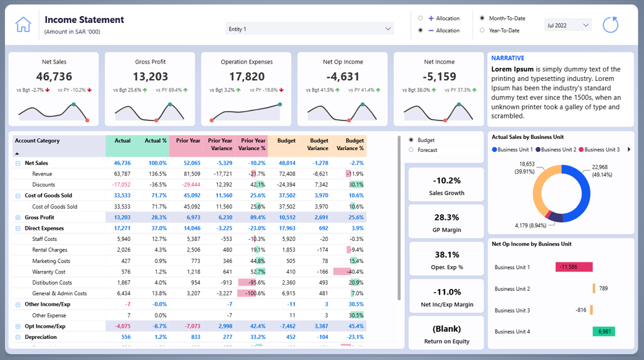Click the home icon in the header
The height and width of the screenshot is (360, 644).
point(23,25)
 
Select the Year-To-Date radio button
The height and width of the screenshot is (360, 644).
point(482,30)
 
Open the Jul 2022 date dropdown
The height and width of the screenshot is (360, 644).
point(567,25)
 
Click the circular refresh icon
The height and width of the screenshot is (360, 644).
point(610,25)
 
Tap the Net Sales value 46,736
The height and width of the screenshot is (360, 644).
point(54,77)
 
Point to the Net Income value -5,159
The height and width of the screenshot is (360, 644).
point(439,77)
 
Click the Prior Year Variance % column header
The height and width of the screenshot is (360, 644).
point(253,144)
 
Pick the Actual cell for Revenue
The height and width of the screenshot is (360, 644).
point(122,174)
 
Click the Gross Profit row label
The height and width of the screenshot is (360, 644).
point(39,217)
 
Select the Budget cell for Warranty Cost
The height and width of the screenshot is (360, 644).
point(286,272)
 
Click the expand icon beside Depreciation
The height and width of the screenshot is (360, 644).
point(18,337)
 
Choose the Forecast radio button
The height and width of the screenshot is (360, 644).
point(412,150)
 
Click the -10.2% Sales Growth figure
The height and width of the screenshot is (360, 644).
point(446,181)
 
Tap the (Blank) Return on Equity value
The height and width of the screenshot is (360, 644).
point(446,329)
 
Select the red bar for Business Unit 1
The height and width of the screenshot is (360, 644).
point(574,267)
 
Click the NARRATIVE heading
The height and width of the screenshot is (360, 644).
point(508,58)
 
